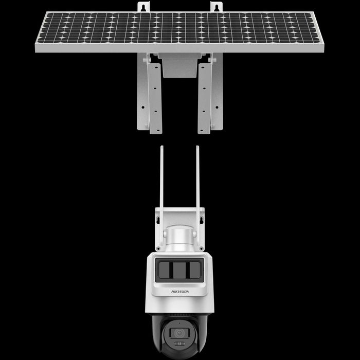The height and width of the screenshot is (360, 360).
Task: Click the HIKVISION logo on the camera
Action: coord(180,292)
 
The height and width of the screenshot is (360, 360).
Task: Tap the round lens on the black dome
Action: coord(179,333)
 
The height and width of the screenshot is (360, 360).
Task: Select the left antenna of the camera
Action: coord(161,195)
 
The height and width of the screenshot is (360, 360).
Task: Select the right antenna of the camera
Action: coord(197,195)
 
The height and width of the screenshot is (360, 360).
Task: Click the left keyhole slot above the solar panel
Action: coord(143,8)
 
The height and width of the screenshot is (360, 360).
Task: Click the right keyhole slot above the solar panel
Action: coord(216,8)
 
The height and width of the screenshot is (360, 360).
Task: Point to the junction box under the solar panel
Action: coord(180,65)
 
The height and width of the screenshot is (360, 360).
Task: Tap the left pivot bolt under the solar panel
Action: coord(146,60)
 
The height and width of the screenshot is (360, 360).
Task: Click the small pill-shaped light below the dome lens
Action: coord(179,344)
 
